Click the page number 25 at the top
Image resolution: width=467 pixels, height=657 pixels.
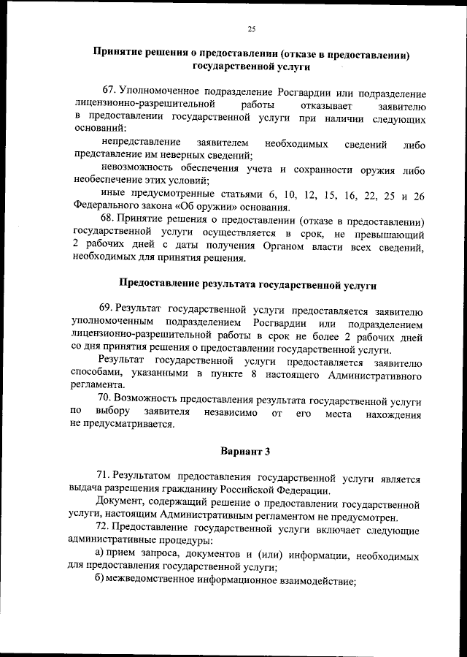click(250, 29)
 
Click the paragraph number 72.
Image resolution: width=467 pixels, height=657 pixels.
click(105, 528)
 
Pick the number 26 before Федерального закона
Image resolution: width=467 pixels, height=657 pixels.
click(418, 195)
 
